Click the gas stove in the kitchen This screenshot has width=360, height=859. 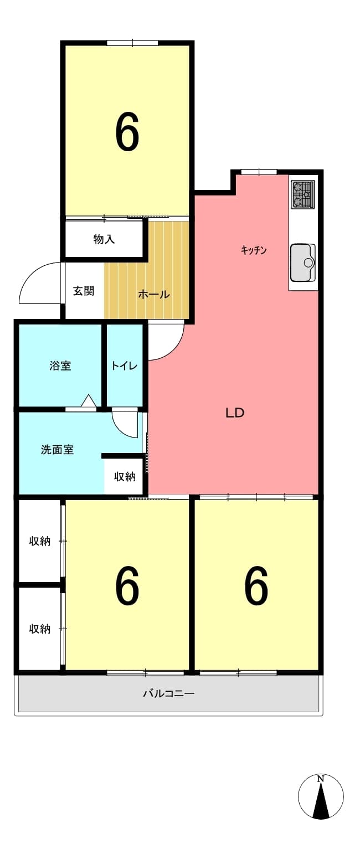(x=303, y=194)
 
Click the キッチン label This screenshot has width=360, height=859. (x=254, y=250)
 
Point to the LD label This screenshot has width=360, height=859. (x=234, y=413)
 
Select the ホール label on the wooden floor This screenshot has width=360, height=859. (x=153, y=295)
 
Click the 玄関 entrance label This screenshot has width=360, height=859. (x=84, y=291)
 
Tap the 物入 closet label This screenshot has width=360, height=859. (x=104, y=239)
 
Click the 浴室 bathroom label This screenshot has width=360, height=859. (x=60, y=366)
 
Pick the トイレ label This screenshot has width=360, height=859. (x=124, y=366)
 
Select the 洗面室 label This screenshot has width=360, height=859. (x=57, y=450)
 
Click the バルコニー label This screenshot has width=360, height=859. (x=169, y=693)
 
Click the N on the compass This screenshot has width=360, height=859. (x=321, y=779)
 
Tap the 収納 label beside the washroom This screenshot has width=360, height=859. (x=125, y=477)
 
